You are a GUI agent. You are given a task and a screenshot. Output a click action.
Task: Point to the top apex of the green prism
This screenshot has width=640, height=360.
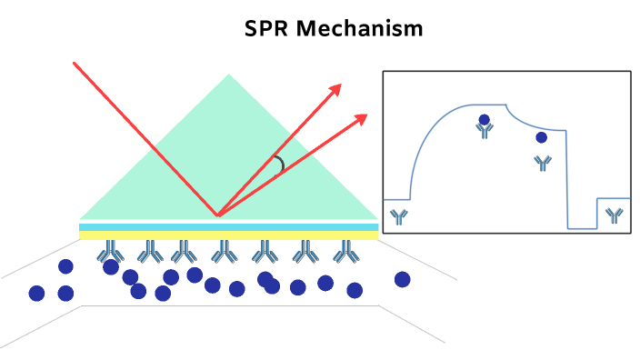[229, 75]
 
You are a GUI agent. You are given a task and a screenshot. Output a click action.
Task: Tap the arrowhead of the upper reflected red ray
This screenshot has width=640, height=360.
[336, 87]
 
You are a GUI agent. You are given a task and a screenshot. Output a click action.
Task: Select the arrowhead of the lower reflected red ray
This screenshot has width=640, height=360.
[362, 117]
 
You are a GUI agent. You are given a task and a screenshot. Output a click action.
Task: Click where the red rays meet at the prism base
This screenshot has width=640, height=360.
[217, 215]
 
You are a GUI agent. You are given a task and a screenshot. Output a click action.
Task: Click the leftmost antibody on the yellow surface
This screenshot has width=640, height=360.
[111, 250]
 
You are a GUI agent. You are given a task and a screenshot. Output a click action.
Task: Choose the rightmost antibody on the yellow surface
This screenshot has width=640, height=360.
[345, 250]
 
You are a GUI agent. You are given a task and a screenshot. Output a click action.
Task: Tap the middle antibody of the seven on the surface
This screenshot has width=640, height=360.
[225, 250]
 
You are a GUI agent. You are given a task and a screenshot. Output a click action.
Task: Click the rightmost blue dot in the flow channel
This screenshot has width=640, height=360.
[402, 279]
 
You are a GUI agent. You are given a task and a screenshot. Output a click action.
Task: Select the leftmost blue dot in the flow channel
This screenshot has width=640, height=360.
[36, 293]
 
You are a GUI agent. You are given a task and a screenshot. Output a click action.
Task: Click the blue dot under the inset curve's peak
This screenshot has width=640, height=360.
[485, 119]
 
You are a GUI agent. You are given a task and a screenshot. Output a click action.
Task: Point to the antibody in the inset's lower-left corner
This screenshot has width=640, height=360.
[398, 215]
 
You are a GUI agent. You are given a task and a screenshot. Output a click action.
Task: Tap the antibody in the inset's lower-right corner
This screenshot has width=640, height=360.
[615, 215]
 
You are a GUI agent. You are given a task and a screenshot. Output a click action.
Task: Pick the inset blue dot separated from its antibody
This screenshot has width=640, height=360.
[542, 137]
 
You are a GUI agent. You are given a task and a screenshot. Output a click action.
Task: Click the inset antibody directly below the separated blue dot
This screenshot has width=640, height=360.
[542, 163]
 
